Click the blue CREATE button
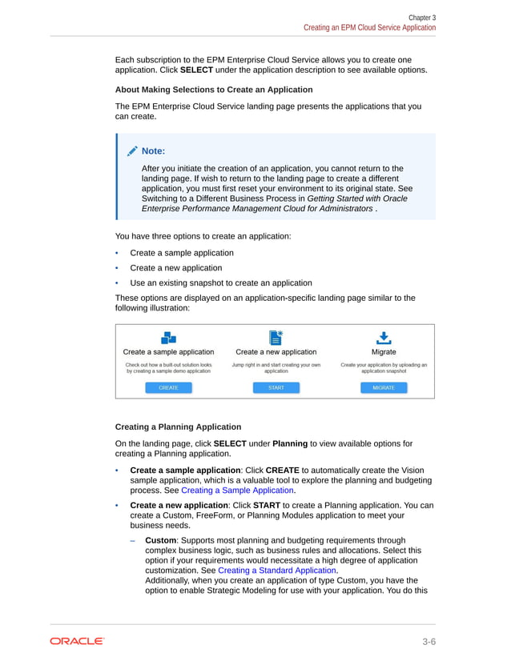(168, 388)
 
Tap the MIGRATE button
(383, 388)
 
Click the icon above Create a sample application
(168, 338)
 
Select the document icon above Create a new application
(276, 337)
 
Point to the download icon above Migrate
(384, 338)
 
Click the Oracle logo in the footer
(77, 641)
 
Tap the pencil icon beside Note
(131, 151)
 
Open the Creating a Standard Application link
(277, 571)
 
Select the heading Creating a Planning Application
(178, 427)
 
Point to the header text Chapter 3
(422, 17)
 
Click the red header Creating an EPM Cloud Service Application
(369, 27)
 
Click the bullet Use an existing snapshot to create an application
(221, 282)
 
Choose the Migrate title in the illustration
(383, 351)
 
